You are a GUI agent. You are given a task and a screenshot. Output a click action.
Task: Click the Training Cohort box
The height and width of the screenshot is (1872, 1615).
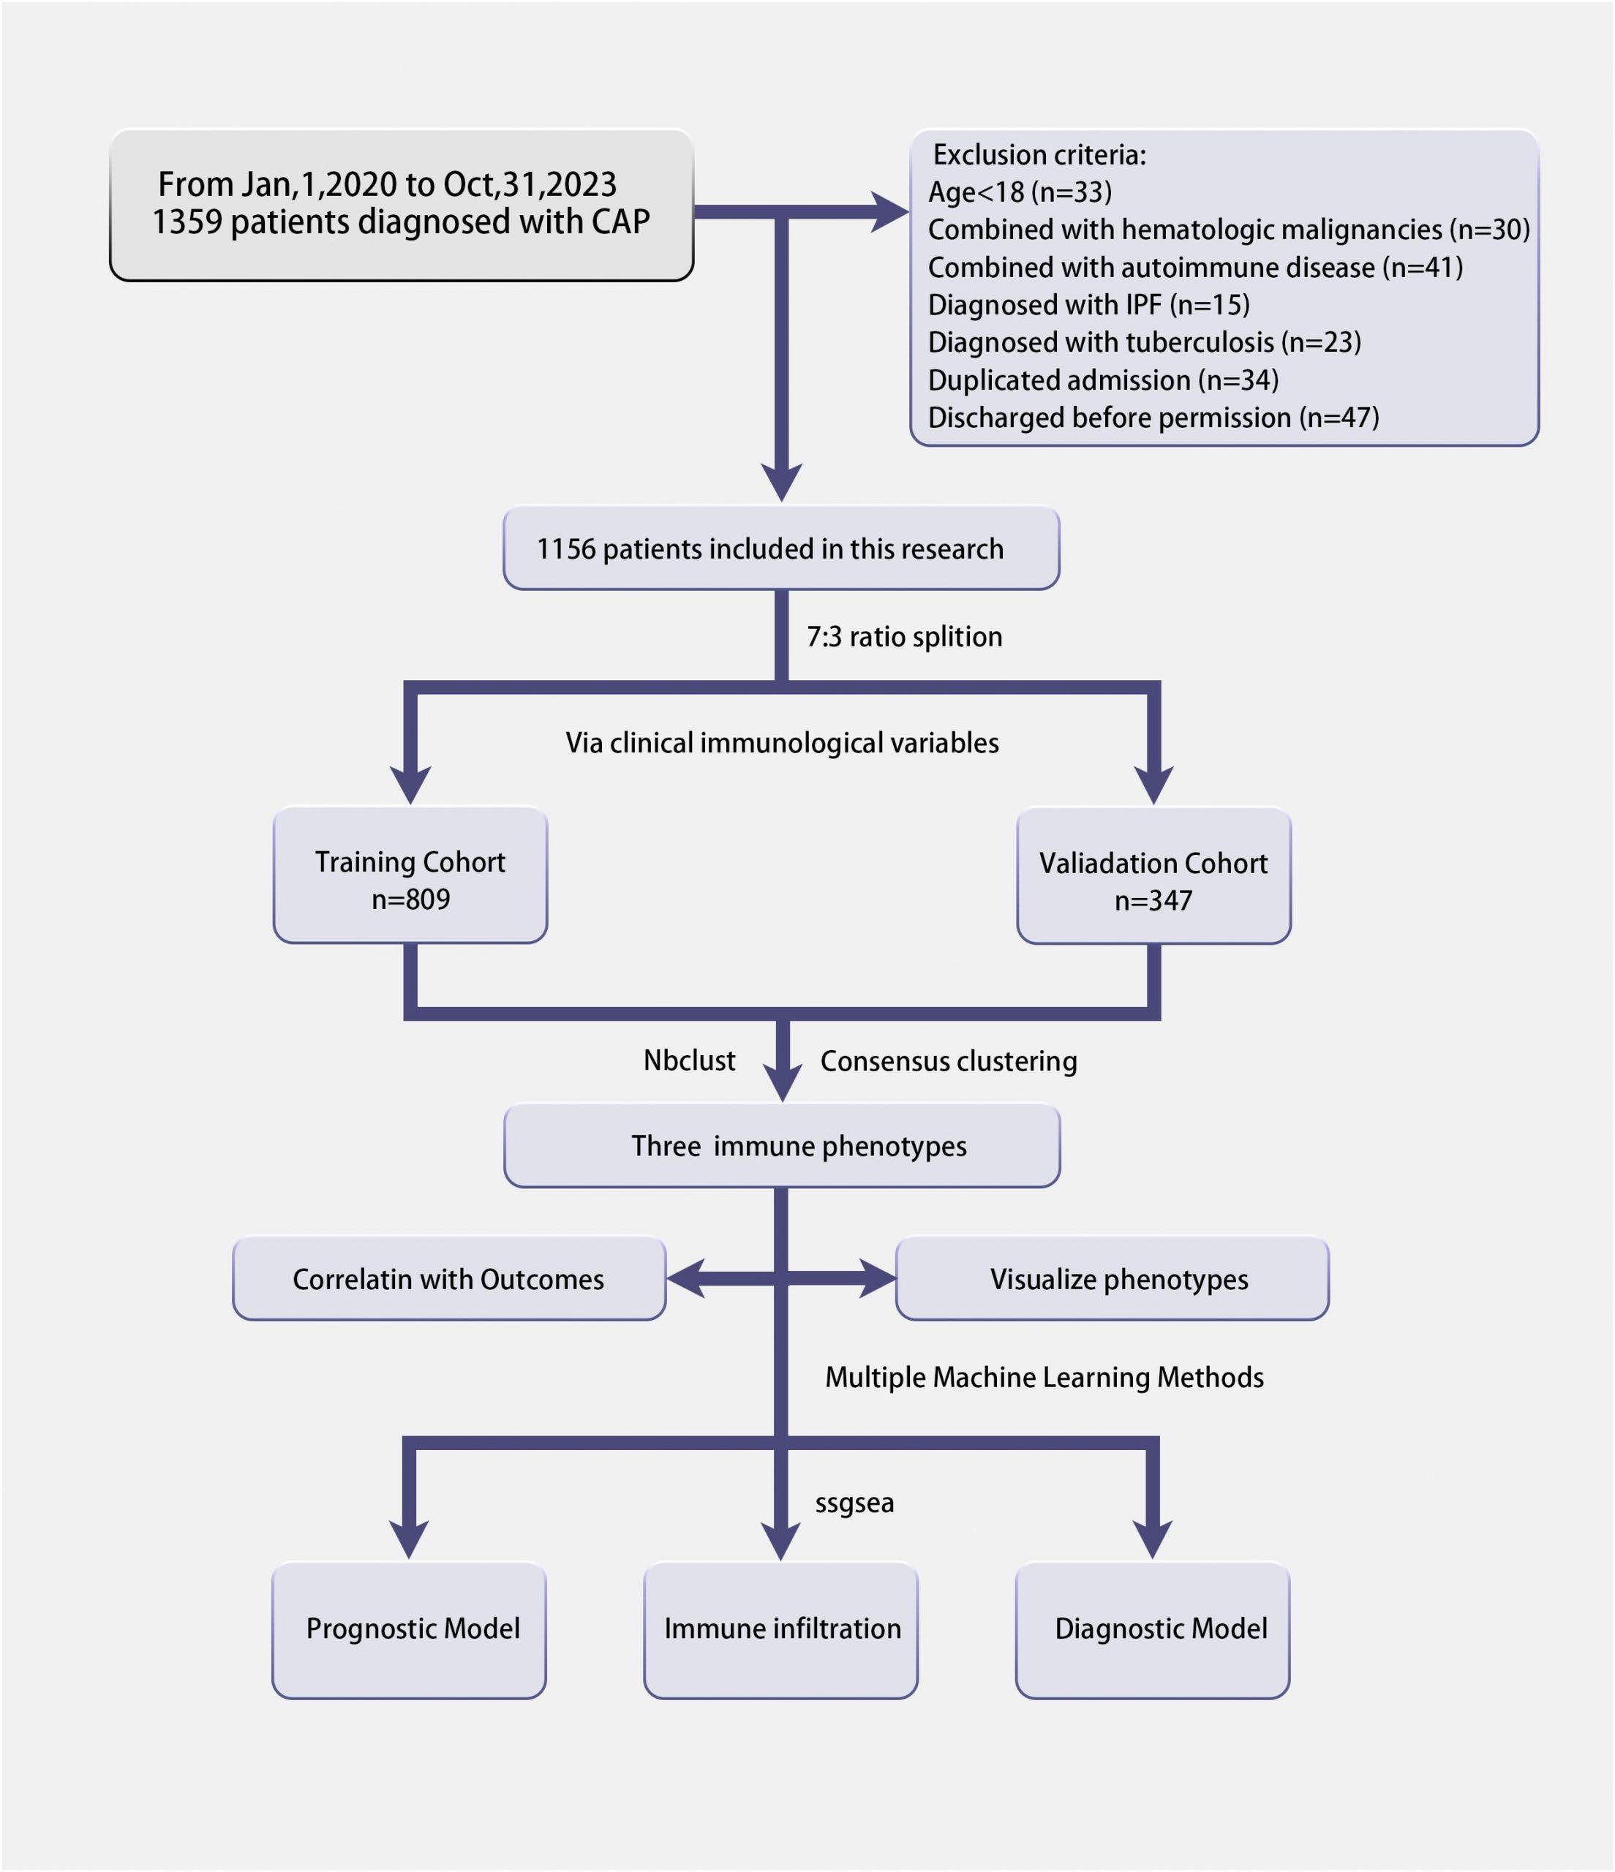(410, 875)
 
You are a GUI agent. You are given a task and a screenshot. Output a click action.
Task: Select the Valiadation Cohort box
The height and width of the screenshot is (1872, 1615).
(1153, 875)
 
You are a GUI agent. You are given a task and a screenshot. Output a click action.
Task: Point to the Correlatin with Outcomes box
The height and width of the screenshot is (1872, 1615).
(449, 1278)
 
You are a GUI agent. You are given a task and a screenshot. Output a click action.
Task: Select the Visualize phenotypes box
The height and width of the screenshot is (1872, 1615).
(1113, 1278)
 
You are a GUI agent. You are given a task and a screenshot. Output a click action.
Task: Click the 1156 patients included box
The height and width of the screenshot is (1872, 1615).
(781, 548)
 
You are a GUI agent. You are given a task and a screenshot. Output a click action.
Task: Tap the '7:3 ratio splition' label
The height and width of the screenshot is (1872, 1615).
(905, 637)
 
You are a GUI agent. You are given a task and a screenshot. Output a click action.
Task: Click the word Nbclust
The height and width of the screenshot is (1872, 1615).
(690, 1060)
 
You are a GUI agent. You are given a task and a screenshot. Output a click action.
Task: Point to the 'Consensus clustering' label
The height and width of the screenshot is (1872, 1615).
(949, 1061)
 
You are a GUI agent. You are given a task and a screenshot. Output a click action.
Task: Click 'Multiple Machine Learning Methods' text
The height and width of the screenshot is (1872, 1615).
(1044, 1377)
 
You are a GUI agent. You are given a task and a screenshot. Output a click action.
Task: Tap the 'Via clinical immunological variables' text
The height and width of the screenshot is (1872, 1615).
(783, 743)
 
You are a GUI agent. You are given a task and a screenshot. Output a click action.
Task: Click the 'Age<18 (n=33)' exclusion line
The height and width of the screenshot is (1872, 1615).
(1020, 192)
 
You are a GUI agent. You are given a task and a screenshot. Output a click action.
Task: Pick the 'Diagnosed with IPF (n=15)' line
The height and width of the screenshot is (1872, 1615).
(1089, 304)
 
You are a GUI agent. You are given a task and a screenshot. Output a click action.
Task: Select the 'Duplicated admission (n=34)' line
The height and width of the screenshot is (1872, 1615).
(1104, 380)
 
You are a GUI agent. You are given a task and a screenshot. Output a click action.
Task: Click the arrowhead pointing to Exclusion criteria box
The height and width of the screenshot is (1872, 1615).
(889, 212)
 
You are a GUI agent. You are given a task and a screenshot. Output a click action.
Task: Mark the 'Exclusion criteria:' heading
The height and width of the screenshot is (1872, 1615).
(1039, 154)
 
